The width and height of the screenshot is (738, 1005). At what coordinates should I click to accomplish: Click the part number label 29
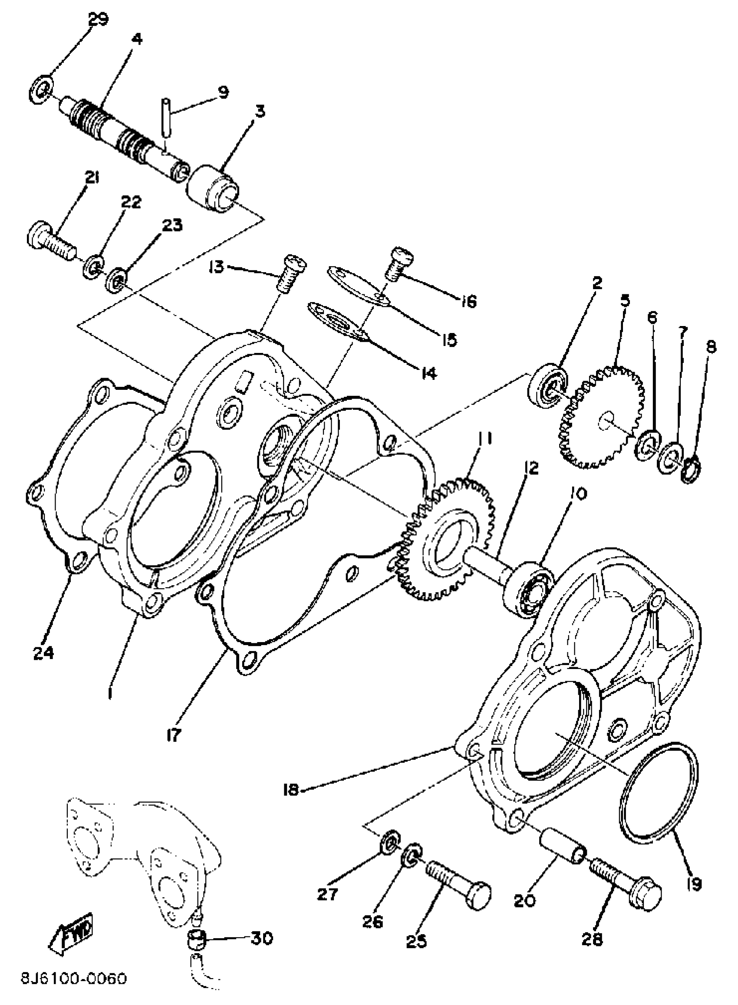click(98, 20)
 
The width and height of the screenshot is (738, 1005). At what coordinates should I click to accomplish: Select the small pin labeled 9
click(166, 123)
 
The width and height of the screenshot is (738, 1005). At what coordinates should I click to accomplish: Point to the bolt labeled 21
click(51, 241)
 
